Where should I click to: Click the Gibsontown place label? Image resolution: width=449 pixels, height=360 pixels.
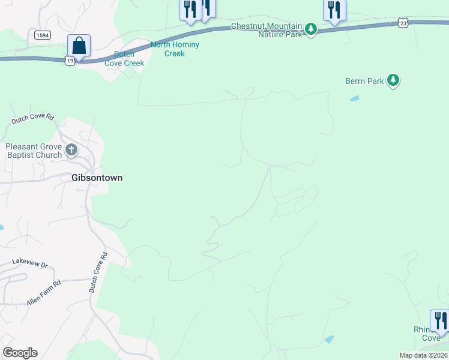coord(97,178)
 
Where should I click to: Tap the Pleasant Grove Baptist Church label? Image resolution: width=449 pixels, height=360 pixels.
coord(34,151)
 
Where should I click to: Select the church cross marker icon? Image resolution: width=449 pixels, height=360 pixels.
coord(71,149)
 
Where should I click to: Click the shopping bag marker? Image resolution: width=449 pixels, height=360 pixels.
coord(79,46)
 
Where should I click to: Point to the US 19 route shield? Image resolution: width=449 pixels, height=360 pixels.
coord(70,61)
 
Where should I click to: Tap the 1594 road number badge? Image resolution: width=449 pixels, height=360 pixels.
coord(42,35)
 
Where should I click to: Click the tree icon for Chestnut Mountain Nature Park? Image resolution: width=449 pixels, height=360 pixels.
coord(310,29)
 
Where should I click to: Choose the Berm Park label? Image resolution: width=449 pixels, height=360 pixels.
coord(364,81)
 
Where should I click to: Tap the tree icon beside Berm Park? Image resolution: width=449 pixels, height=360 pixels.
coord(393,80)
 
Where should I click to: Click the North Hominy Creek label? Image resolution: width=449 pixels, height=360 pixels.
coord(175,49)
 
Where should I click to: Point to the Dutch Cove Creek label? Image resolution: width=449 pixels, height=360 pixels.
coord(125,59)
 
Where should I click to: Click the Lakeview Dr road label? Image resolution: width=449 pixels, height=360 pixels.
coord(30,262)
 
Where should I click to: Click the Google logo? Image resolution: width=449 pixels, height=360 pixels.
coord(20,353)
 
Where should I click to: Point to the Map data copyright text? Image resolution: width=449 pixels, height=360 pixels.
coord(423,355)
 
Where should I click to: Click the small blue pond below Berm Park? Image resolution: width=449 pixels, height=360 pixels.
coord(355,98)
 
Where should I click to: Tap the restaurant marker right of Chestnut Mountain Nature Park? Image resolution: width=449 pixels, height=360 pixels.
coord(334,10)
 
